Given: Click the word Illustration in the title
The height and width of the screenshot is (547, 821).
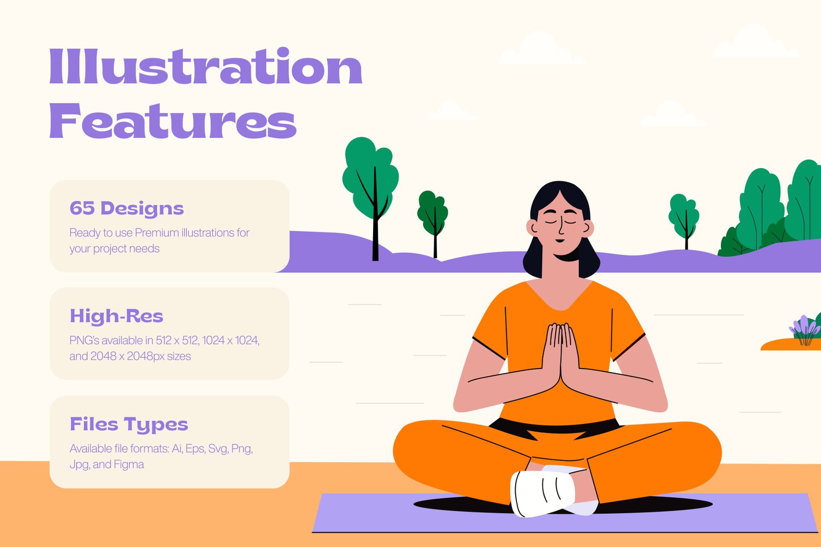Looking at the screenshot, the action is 206,66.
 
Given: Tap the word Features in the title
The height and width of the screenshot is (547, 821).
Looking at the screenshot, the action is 172,120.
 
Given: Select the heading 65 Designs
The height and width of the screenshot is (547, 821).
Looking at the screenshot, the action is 126,208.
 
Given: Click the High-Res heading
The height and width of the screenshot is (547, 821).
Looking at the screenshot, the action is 116,316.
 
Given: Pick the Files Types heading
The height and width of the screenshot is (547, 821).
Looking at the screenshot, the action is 129,424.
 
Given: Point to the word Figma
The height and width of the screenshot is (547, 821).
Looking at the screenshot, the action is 129,464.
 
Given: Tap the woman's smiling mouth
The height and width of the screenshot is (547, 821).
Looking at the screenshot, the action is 560,240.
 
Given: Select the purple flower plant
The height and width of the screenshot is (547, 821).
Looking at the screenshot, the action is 805,330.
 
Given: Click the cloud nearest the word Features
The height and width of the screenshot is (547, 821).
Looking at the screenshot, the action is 451,111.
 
